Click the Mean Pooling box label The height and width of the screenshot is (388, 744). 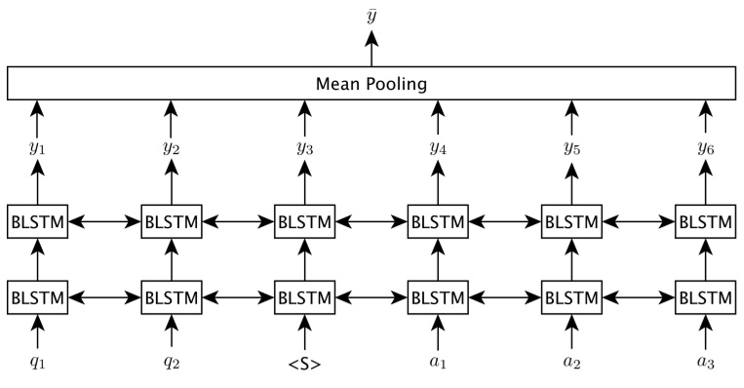pos(372,84)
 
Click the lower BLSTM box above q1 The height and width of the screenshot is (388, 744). pos(38,295)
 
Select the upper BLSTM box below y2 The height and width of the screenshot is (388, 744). pos(172,222)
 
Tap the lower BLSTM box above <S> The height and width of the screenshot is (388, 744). pos(305,295)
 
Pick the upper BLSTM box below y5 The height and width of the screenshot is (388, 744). pos(571,222)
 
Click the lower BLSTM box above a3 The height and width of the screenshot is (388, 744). pos(705,295)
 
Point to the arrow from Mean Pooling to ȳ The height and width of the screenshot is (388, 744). pos(372,49)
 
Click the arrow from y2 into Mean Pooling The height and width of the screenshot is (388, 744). pos(172,122)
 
